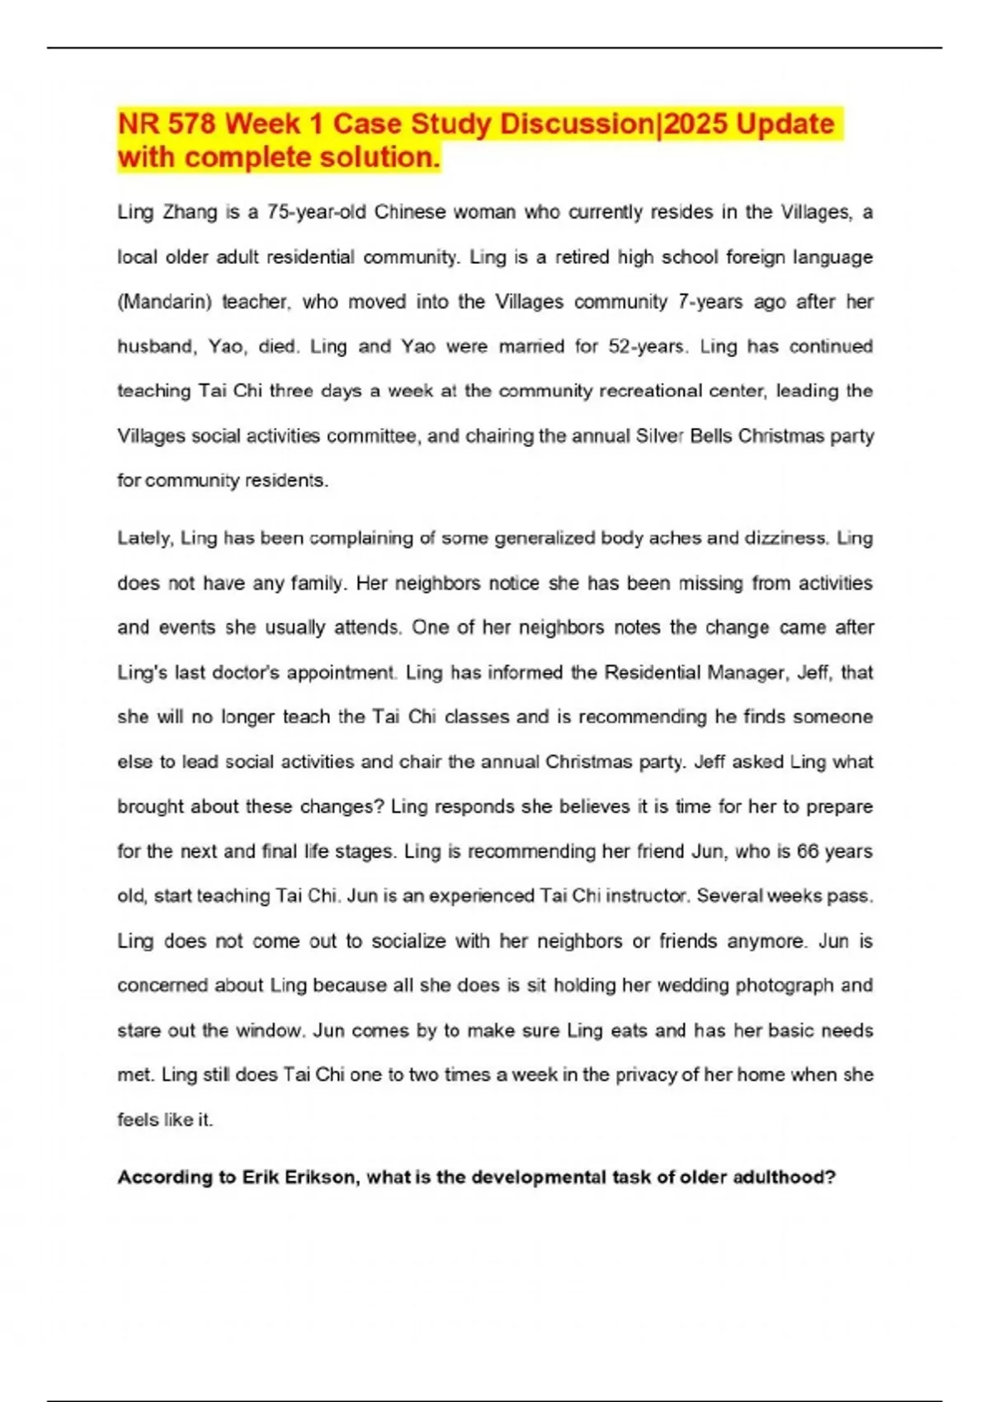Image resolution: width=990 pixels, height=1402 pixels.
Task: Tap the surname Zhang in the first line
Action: click(x=190, y=212)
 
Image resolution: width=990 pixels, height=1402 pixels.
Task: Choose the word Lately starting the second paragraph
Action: click(x=144, y=539)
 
